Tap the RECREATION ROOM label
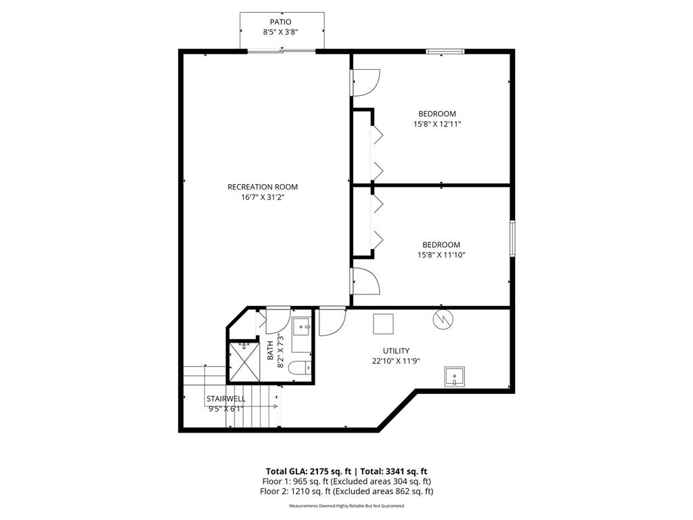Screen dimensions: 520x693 [x=262, y=187]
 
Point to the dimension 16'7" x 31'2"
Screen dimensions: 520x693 [x=262, y=198]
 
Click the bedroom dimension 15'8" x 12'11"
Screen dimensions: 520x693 [x=437, y=125]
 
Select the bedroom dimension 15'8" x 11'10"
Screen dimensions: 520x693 [x=441, y=255]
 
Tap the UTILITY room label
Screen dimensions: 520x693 [x=396, y=351]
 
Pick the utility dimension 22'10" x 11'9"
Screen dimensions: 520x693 [x=396, y=362]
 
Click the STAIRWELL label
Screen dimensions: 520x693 [x=226, y=399]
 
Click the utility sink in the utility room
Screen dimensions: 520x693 [x=455, y=376]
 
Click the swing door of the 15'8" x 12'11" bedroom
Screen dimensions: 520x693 [x=365, y=83]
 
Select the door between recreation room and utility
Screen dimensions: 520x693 [x=332, y=322]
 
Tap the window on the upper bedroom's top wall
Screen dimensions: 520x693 [x=445, y=51]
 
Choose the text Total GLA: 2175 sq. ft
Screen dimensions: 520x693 [x=307, y=471]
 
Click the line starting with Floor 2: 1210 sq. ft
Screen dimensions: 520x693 [x=346, y=492]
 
